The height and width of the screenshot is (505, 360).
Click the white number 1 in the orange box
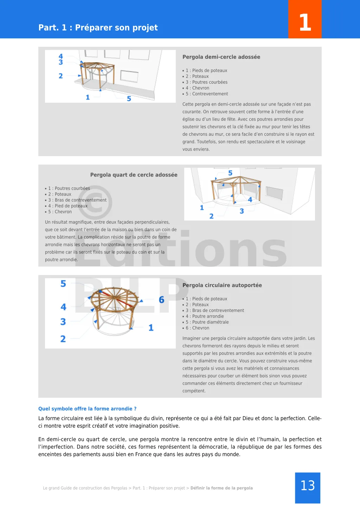pyautogui.click(x=305, y=23)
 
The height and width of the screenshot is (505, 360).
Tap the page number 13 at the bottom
pyautogui.click(x=308, y=486)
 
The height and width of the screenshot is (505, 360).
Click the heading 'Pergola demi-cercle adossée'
pyautogui.click(x=221, y=57)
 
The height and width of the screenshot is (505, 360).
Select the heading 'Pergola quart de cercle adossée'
pyautogui.click(x=134, y=175)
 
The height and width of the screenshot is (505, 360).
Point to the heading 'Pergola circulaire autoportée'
pyautogui.click(x=222, y=285)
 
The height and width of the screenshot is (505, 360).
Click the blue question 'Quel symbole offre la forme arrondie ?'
pyautogui.click(x=87, y=409)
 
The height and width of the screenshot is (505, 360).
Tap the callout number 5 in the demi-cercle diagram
pyautogui.click(x=129, y=99)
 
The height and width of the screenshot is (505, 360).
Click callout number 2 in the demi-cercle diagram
pyautogui.click(x=61, y=76)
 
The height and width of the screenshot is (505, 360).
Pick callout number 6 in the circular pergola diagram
pyautogui.click(x=161, y=300)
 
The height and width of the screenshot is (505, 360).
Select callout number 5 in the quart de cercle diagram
pyautogui.click(x=230, y=173)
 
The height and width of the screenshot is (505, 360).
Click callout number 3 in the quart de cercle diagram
pyautogui.click(x=242, y=211)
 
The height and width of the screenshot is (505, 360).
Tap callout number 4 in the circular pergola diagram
pyautogui.click(x=63, y=307)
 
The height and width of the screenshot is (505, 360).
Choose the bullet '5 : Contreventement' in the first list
pyautogui.click(x=207, y=94)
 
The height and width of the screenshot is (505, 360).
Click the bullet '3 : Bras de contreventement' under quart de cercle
pyautogui.click(x=77, y=200)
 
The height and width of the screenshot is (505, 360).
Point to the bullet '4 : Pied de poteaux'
pyautogui.click(x=68, y=206)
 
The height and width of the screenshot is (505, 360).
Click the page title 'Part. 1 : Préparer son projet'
pyautogui.click(x=98, y=27)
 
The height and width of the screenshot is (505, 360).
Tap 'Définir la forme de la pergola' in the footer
pyautogui.click(x=221, y=488)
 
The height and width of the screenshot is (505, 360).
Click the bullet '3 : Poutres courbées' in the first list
pyautogui.click(x=206, y=82)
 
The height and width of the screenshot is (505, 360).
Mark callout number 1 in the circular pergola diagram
pyautogui.click(x=151, y=328)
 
